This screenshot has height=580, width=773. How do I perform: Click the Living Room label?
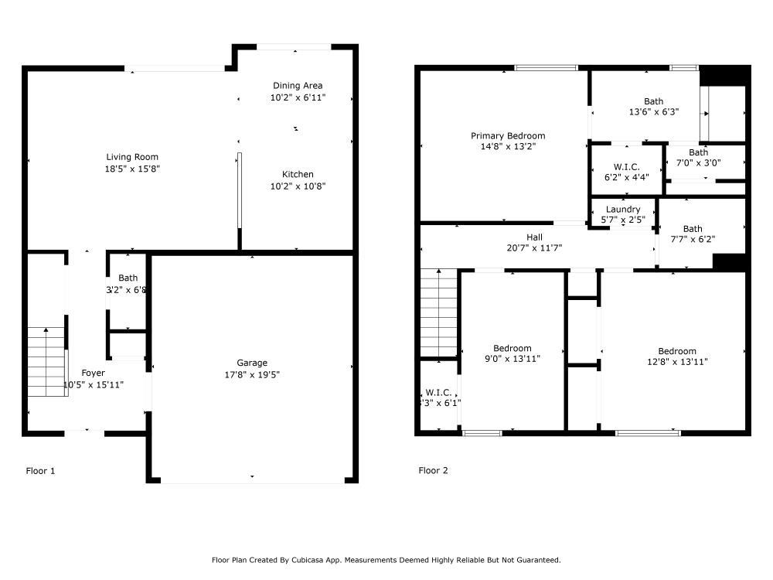[x=132, y=157]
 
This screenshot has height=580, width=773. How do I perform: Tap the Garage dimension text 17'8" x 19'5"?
[x=252, y=375]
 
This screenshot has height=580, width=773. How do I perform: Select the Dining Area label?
[x=298, y=85]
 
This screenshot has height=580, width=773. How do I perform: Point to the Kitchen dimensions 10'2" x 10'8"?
[x=298, y=186]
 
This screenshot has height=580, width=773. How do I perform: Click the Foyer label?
[x=94, y=373]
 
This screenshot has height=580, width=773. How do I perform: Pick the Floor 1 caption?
[x=40, y=471]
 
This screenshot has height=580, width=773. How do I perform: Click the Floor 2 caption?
[x=434, y=470]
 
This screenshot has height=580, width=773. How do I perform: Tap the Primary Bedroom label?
[x=508, y=135]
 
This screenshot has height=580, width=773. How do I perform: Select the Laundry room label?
[x=623, y=209]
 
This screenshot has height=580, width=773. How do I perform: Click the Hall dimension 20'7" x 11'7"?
[x=534, y=248]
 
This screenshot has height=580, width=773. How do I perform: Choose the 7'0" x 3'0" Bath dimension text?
[x=699, y=162]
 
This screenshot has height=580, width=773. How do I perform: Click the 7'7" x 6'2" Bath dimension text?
[x=693, y=240]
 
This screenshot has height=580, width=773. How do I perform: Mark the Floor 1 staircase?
[x=46, y=361]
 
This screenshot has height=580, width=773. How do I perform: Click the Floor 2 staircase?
[x=439, y=312]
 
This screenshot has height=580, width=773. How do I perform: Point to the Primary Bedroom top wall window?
[x=546, y=67]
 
